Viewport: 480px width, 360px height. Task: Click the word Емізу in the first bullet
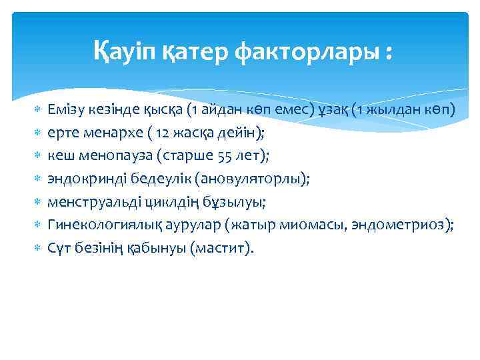coord(65,109)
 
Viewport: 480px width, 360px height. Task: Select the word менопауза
coord(108,155)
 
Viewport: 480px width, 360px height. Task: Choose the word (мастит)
coord(222,249)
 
